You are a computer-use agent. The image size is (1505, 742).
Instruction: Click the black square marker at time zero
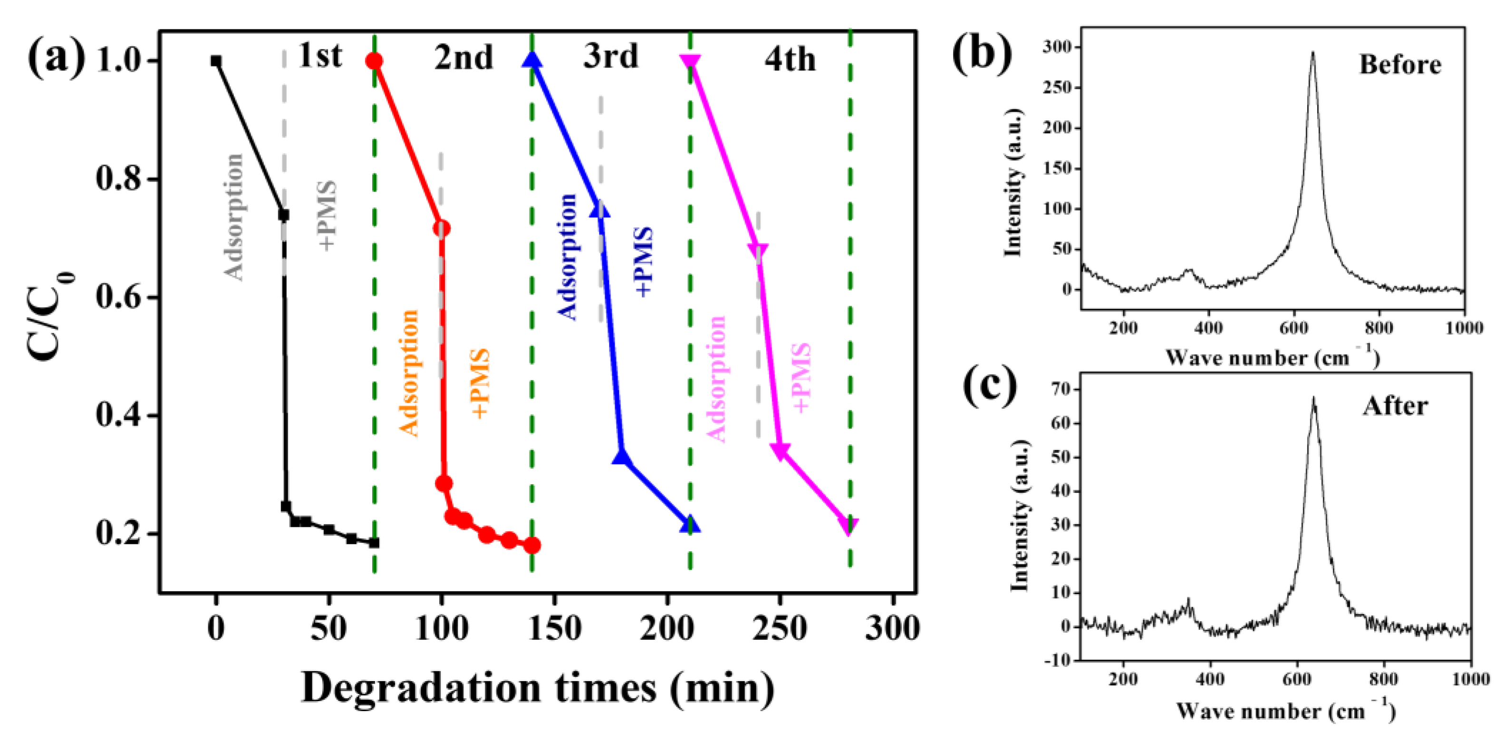click(x=216, y=61)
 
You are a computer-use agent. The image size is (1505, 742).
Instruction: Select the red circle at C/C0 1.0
click(x=374, y=61)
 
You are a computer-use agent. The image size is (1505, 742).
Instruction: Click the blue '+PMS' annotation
click(x=643, y=262)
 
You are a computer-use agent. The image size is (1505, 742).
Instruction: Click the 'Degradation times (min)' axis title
click(x=538, y=688)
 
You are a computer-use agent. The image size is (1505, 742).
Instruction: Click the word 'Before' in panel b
click(x=1400, y=64)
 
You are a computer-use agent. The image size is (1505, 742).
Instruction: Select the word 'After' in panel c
click(x=1395, y=406)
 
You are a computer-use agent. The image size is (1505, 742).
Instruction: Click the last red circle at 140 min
click(x=531, y=546)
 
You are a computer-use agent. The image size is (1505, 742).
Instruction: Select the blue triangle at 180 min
click(x=622, y=457)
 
